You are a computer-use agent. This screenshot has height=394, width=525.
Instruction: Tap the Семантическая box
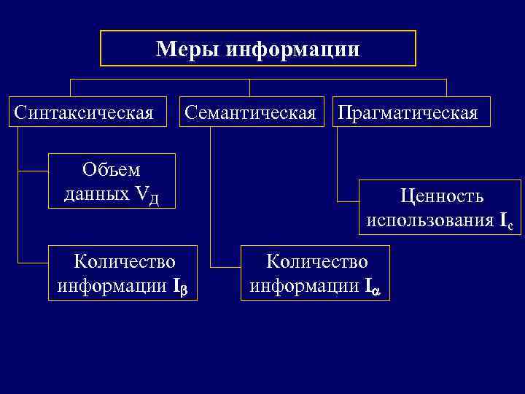click(x=250, y=113)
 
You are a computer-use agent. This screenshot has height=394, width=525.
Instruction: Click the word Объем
click(x=112, y=171)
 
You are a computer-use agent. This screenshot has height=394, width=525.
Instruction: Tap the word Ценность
click(x=440, y=197)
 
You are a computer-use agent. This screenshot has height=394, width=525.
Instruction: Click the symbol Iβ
click(x=180, y=285)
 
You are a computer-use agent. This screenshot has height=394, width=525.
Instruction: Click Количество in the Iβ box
click(x=125, y=261)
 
